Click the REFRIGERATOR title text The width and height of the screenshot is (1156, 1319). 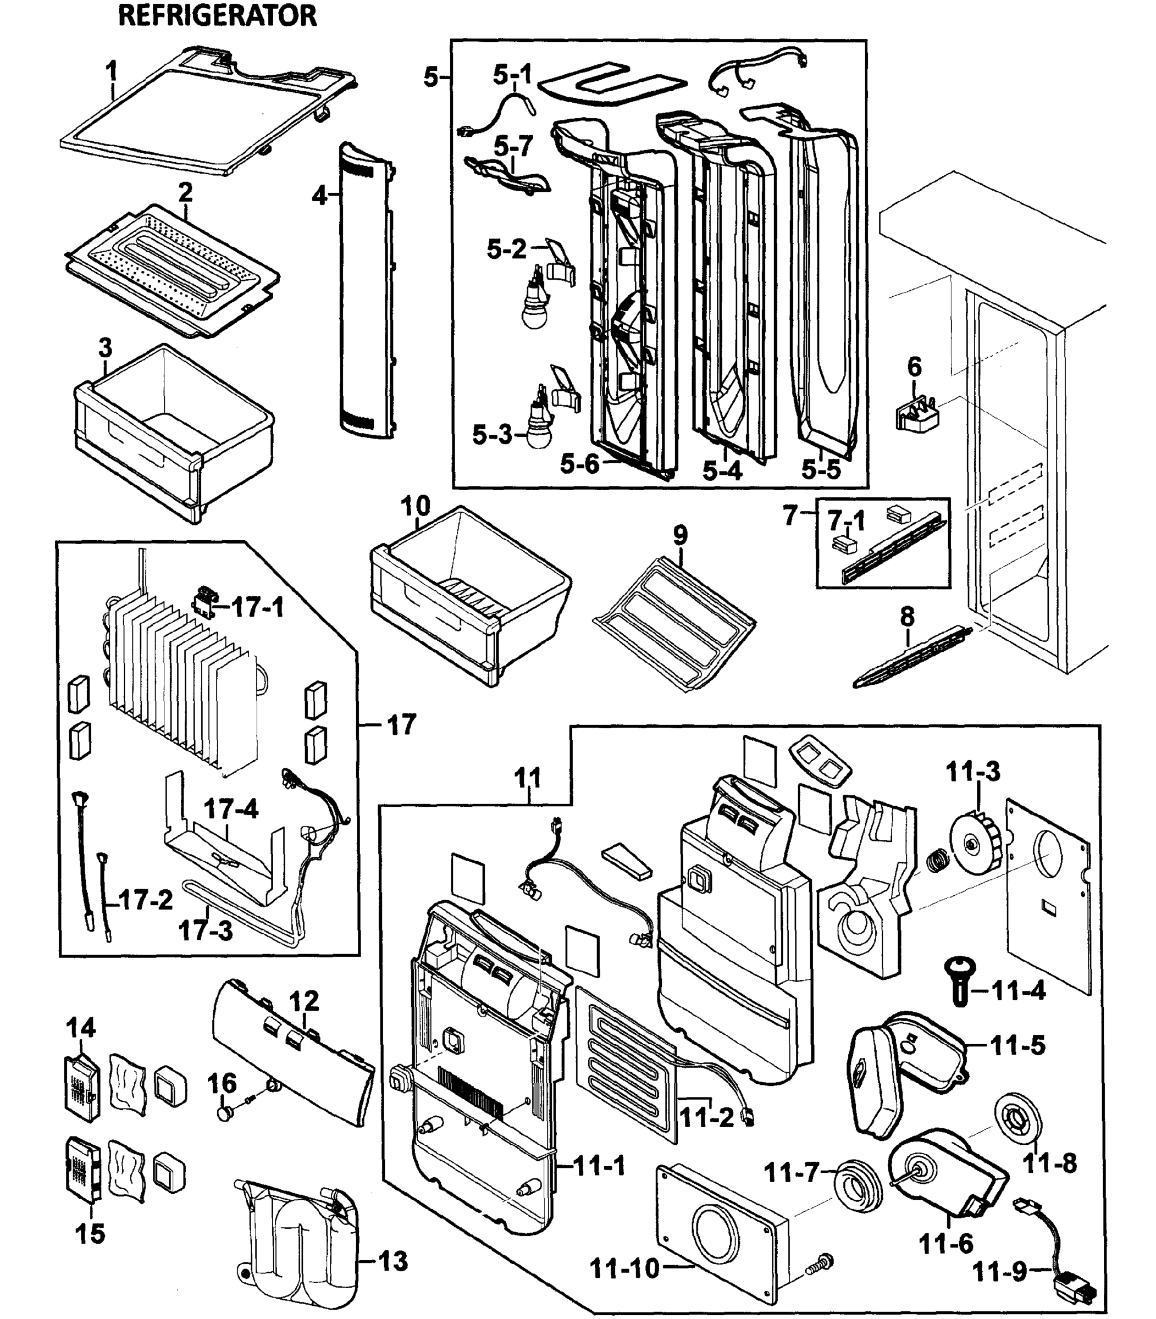tap(217, 15)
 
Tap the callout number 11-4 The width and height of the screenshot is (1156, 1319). tap(1019, 991)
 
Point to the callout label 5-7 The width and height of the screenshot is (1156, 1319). tap(513, 146)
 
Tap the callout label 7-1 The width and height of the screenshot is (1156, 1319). tap(847, 520)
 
